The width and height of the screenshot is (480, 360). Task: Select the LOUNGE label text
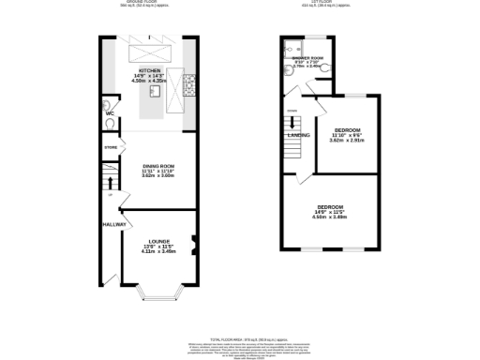click(157, 242)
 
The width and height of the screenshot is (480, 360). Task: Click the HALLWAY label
click(114, 225)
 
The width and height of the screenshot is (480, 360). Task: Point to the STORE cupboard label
click(111, 147)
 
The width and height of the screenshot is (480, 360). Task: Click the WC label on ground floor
click(110, 113)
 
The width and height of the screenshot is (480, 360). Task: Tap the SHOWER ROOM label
click(307, 58)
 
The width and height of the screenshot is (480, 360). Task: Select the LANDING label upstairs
click(299, 135)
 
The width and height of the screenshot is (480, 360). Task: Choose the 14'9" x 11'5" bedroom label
click(330, 207)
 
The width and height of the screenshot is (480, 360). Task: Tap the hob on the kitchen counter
click(189, 90)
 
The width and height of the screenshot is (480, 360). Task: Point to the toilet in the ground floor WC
click(110, 104)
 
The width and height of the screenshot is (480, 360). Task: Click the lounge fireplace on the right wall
click(191, 247)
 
